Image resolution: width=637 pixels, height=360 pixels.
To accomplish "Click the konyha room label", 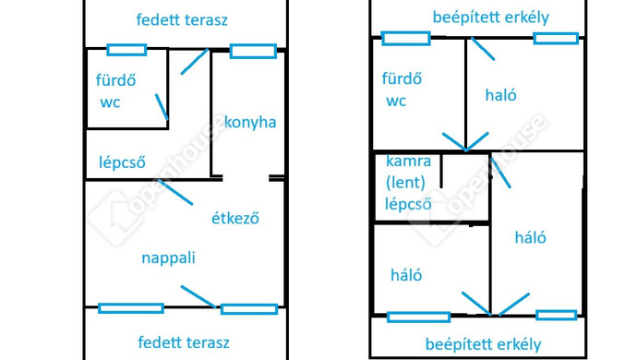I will point(250,123).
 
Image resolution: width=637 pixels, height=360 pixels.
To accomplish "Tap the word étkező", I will point(234,219).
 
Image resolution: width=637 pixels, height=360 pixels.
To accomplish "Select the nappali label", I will point(168,258).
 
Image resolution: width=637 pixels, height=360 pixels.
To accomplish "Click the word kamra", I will point(409,162).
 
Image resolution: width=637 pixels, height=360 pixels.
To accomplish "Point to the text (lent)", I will point(406,183).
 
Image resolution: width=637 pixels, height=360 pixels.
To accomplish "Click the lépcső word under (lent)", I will point(410,204).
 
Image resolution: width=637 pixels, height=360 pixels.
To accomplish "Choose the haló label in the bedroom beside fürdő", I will point(500,95).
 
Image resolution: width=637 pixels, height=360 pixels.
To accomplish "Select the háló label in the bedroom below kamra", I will point(406,274).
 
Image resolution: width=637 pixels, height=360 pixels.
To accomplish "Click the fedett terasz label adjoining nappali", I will point(183,342).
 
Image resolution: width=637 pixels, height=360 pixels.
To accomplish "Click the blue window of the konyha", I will point(253,51).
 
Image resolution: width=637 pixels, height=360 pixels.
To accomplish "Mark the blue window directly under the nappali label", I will point(131,308).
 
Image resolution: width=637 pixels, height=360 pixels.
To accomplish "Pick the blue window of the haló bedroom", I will point(556,39).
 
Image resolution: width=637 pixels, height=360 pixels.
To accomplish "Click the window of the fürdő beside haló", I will point(405,39).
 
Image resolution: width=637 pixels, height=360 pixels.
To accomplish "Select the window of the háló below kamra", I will point(418,318).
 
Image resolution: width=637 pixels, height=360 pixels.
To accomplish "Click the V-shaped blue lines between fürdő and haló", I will point(465,142).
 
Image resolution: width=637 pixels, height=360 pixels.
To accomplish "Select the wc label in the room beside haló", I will point(396,101).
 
